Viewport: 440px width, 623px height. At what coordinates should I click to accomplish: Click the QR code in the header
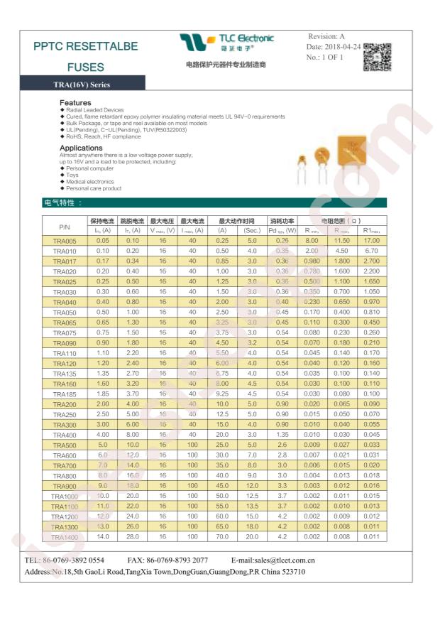[x=378, y=57]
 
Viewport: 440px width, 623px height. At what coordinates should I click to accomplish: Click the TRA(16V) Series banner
[x=82, y=85]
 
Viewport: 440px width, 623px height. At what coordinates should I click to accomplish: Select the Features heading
[x=75, y=103]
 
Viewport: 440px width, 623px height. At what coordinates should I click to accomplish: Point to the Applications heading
[x=82, y=148]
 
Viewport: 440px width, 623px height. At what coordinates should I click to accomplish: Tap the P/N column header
[x=65, y=226]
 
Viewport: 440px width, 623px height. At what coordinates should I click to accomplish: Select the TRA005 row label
[x=65, y=241]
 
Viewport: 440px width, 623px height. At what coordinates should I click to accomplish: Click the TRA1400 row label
[x=65, y=537]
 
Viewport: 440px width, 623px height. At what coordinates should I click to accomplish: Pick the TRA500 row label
[x=65, y=445]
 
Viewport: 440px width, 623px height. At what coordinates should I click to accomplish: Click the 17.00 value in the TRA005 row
[x=371, y=241]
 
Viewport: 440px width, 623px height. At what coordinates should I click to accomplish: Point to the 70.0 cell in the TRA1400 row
[x=222, y=537]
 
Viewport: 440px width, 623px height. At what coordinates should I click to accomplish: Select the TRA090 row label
[x=65, y=343]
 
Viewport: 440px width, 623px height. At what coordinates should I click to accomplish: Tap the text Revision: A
[x=326, y=36]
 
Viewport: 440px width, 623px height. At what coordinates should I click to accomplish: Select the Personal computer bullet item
[x=89, y=168]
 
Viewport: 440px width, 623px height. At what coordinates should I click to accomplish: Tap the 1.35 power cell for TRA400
[x=282, y=435]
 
